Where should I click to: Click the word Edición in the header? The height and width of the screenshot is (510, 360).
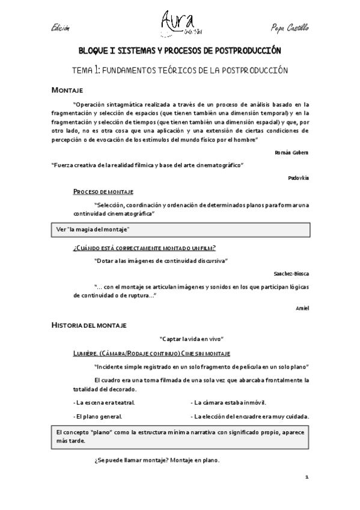(x=61, y=28)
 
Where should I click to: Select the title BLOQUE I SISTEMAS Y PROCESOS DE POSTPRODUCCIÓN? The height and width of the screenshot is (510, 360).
(x=180, y=52)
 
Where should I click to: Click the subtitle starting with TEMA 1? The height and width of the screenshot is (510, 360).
(x=180, y=70)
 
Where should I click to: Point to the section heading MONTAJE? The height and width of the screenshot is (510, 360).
(x=67, y=90)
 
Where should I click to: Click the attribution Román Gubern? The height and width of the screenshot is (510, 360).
(x=295, y=153)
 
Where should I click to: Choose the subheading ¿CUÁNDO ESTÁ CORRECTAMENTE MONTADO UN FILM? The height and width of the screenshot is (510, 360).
(x=144, y=248)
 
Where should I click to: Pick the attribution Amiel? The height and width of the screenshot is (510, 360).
(x=302, y=308)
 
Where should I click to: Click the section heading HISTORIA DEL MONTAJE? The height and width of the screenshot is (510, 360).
(x=88, y=325)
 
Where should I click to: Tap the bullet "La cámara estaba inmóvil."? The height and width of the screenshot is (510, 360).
(x=228, y=402)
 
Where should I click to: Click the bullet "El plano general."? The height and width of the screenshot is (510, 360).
(x=98, y=416)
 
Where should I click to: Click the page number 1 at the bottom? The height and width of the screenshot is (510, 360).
(x=307, y=477)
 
